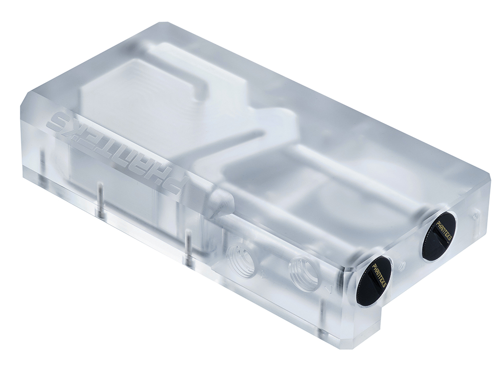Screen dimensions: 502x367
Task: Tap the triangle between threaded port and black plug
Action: (329, 290)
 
